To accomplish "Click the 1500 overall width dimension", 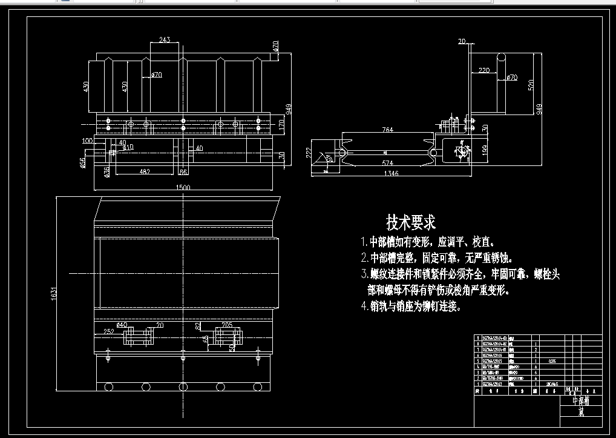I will click(x=183, y=188).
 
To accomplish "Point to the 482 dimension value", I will click(x=145, y=172).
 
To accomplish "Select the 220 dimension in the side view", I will click(x=483, y=71).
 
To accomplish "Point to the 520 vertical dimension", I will click(x=531, y=84).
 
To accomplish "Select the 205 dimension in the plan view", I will click(x=227, y=325).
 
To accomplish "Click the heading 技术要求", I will click(x=411, y=222).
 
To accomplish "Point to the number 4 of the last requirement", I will click(x=364, y=307).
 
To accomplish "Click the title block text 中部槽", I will click(x=580, y=401).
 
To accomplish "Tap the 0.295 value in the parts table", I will click(x=552, y=360).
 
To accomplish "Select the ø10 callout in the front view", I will click(x=128, y=147).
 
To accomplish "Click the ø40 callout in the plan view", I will click(x=122, y=325).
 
